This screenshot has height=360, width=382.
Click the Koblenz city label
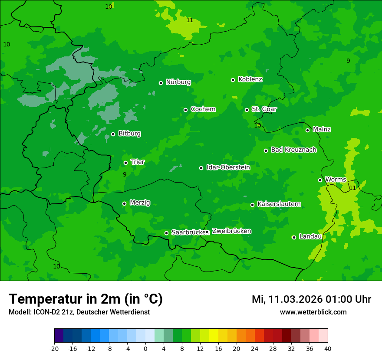[250, 79]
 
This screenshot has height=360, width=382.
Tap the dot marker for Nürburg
[161, 83]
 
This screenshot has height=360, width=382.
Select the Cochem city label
[203, 109]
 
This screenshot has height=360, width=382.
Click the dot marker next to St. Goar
[247, 110]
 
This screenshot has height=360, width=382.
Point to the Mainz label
[322, 129]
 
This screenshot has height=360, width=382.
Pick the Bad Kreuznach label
[293, 150]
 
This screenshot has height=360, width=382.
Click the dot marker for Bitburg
[113, 134]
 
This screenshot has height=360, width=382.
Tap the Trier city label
[138, 162]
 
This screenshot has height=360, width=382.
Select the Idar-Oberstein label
[228, 167]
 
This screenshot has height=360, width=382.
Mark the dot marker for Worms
[320, 180]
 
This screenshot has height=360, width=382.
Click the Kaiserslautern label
[279, 204]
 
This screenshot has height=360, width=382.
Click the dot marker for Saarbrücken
[166, 233]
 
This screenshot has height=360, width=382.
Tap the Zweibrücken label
[231, 231]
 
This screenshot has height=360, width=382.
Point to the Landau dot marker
[294, 237]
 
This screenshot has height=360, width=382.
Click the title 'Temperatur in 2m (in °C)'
[86, 299]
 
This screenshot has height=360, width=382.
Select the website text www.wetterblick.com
[313, 312]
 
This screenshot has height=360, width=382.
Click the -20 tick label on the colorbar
[54, 348]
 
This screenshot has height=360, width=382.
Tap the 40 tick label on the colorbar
[327, 348]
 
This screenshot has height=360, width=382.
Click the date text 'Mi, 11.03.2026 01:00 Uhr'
[311, 299]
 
